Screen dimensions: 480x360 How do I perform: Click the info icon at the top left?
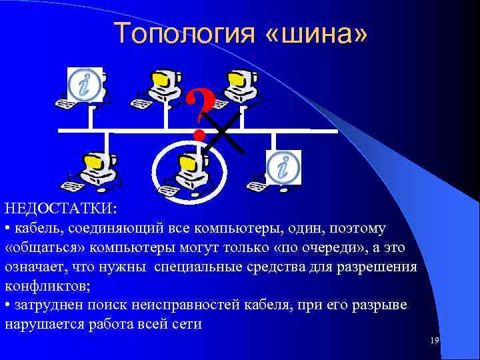pos(85,85)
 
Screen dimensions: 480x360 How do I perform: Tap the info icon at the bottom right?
pos(283,167)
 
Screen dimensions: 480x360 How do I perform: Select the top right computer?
pos(241,87)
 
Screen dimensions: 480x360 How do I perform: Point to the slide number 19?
pos(435,341)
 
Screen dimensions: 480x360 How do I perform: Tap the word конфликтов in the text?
pos(45,286)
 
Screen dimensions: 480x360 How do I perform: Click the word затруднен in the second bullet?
pos(51,305)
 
